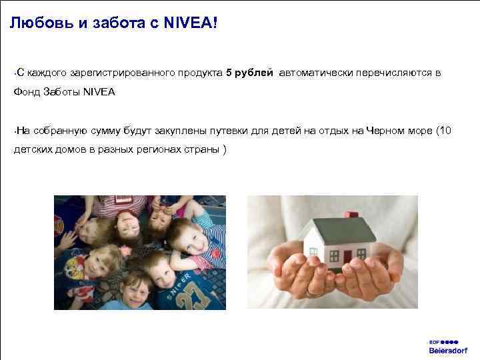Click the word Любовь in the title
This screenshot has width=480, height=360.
coord(35,24)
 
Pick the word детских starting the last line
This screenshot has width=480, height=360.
coord(34,149)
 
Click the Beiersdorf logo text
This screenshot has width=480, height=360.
coord(448,350)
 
